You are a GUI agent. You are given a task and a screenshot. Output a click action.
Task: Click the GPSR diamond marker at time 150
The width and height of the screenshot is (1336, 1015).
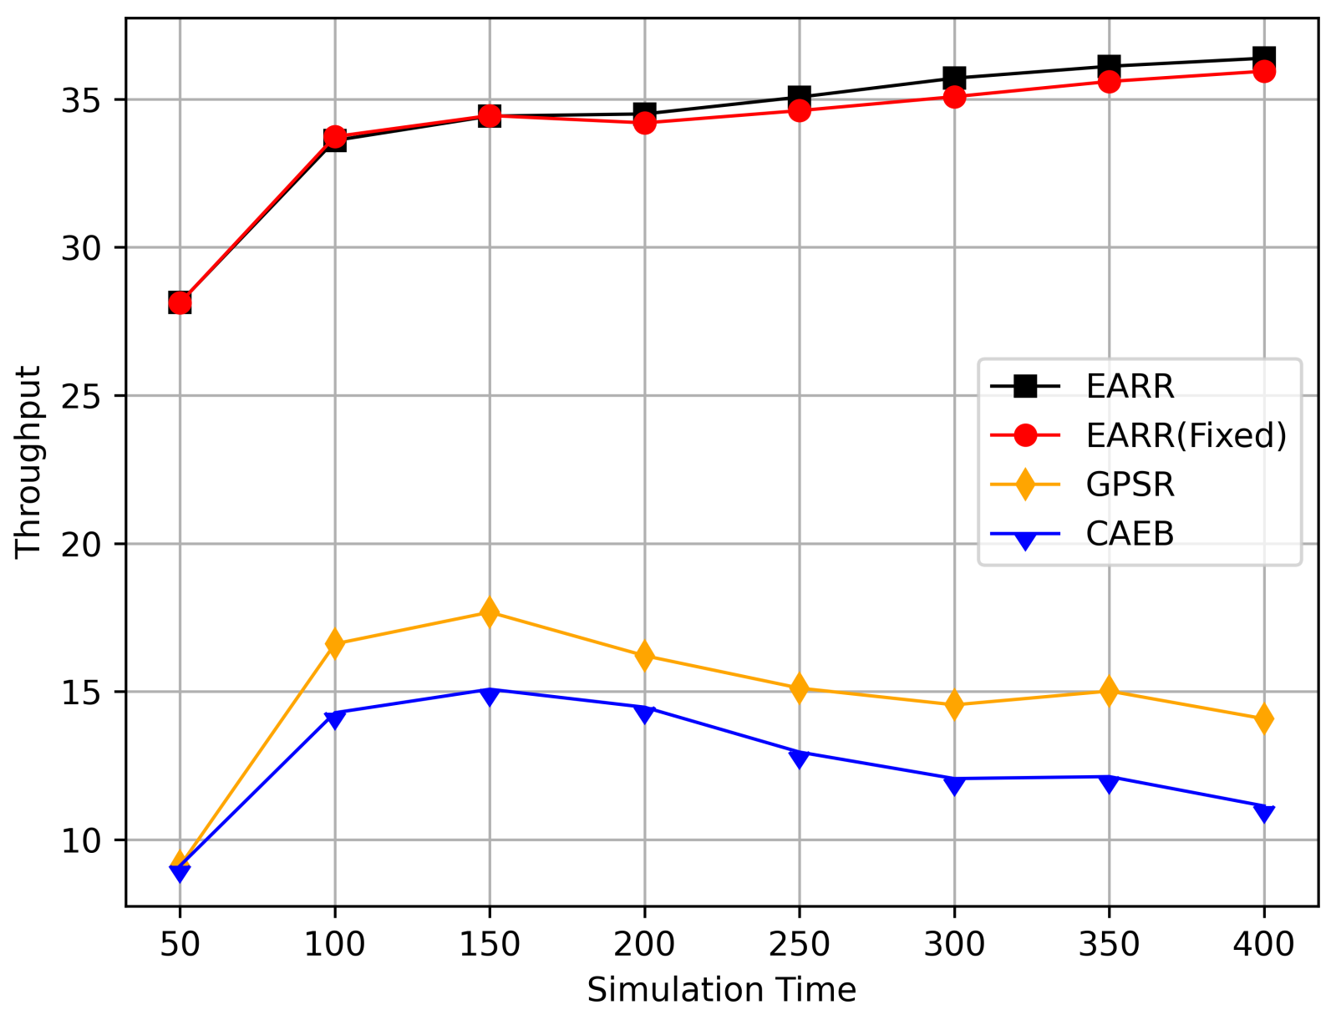(490, 612)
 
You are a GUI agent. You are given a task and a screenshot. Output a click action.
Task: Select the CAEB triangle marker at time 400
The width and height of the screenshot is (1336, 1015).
(1264, 811)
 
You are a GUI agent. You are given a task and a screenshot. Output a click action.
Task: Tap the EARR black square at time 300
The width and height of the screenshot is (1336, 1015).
(954, 78)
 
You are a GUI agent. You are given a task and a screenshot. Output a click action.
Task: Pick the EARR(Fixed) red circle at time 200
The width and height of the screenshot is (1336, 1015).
(644, 123)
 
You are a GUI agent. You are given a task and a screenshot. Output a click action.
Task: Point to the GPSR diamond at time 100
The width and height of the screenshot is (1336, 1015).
(335, 643)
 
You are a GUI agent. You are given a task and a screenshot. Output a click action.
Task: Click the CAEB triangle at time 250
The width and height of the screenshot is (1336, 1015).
(800, 757)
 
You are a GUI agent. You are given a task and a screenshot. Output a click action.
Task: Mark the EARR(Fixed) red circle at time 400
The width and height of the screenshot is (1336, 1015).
(1264, 71)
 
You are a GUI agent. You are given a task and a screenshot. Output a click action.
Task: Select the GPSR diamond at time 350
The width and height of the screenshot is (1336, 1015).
(1109, 691)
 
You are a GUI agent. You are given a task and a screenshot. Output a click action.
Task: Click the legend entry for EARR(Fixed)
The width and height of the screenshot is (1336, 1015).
(1186, 435)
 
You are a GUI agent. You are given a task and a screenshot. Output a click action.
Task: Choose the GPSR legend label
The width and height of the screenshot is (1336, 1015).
(1130, 485)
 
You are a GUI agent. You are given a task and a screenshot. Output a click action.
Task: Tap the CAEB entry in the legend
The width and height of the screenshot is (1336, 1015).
(1130, 534)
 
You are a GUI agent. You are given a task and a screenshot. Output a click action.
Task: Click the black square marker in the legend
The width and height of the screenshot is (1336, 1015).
(1025, 386)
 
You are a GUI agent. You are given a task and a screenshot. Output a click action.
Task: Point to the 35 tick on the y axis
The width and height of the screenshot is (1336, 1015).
(81, 100)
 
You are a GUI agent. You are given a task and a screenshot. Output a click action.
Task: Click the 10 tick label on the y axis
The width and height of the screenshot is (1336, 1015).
(81, 840)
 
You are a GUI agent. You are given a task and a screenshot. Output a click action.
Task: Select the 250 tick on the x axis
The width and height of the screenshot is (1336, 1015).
(800, 944)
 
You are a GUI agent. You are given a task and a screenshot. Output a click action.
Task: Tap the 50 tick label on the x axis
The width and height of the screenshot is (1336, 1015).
(180, 944)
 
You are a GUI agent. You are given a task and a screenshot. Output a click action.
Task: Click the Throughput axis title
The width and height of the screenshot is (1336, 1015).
(28, 460)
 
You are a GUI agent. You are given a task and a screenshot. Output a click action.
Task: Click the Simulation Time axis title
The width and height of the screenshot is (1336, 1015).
(721, 990)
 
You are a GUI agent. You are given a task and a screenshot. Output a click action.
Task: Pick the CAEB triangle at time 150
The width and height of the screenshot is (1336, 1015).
(490, 694)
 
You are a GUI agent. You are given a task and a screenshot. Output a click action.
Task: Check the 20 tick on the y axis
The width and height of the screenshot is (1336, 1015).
(81, 544)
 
